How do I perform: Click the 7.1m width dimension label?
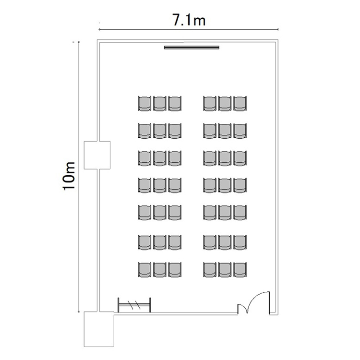(x=189, y=20)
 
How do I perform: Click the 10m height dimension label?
(x=69, y=176)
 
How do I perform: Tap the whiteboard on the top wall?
(x=192, y=48)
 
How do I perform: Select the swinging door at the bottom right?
(x=253, y=302)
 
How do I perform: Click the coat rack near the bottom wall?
(x=134, y=305)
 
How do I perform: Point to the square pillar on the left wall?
(x=97, y=155)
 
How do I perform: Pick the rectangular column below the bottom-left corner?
(x=99, y=329)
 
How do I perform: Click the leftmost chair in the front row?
(x=144, y=104)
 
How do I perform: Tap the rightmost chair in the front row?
(x=240, y=104)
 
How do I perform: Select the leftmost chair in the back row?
(x=144, y=270)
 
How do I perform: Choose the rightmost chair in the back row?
(x=240, y=270)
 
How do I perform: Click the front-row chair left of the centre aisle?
(x=175, y=104)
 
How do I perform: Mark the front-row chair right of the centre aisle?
(x=210, y=104)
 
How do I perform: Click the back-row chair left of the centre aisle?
(x=175, y=270)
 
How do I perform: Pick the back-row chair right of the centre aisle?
(x=210, y=270)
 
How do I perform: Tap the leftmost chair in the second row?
(x=144, y=131)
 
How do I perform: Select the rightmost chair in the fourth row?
(x=240, y=185)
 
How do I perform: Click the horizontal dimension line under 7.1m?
(x=189, y=29)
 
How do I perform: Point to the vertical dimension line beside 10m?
(x=79, y=177)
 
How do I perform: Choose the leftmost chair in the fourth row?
(x=144, y=185)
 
